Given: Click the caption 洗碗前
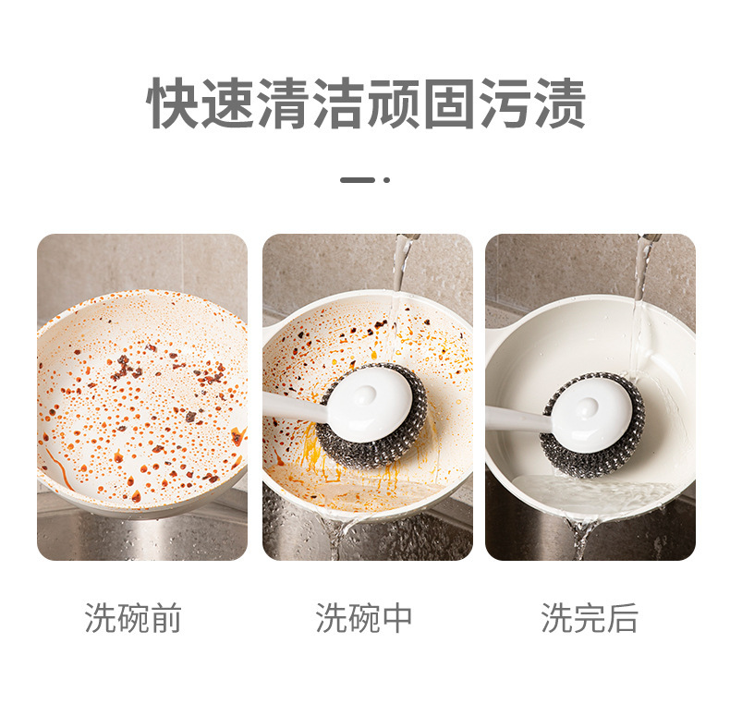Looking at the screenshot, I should tap(133, 618).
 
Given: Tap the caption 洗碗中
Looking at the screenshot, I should tap(364, 618).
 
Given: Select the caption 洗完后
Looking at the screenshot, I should tap(590, 618).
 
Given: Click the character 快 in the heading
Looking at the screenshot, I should tap(175, 103).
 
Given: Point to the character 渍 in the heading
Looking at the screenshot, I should tap(559, 103).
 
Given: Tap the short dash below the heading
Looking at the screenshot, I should tap(358, 180).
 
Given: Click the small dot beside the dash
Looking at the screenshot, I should tap(386, 180).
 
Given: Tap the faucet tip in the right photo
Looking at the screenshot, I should tap(650, 238).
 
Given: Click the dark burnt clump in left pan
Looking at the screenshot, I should tap(123, 367).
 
